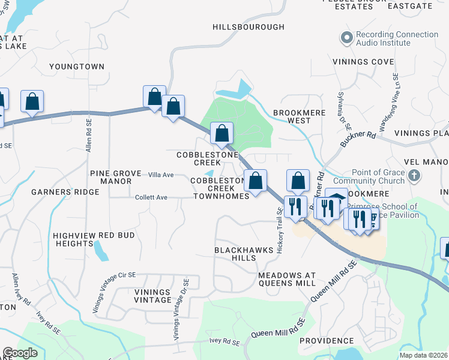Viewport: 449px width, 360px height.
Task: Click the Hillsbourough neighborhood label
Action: pos(249,27)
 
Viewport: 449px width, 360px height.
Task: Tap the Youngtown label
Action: pos(77,67)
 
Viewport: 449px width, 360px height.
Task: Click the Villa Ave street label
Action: pos(161,175)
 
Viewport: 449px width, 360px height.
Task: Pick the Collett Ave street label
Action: pos(151,197)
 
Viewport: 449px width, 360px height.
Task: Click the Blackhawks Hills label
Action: pos(235,253)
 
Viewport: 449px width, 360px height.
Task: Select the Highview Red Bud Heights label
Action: pos(94,240)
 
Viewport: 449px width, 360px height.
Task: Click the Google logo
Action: pos(20,353)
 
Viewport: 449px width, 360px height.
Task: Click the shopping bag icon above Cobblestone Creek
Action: pos(221,133)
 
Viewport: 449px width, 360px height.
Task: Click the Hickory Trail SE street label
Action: pos(280,229)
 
